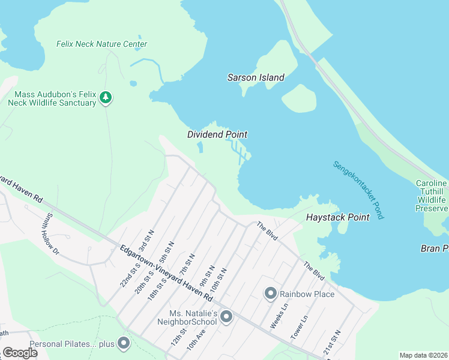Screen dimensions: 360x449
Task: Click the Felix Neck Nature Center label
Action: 101,44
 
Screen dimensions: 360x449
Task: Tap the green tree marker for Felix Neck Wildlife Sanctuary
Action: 106,98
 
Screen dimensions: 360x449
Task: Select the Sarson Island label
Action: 256,77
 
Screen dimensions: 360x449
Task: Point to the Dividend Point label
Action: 217,134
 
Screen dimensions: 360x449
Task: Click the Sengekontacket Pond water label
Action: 358,190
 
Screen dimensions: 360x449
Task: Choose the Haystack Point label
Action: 338,217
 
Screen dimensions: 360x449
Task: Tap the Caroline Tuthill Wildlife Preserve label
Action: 432,196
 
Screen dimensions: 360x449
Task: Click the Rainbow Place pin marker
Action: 270,293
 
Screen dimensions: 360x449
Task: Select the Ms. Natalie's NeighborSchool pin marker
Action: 226,316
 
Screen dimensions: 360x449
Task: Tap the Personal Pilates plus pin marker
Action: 124,343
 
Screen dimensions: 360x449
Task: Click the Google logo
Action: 20,353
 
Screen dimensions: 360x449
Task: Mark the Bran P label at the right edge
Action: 433,248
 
